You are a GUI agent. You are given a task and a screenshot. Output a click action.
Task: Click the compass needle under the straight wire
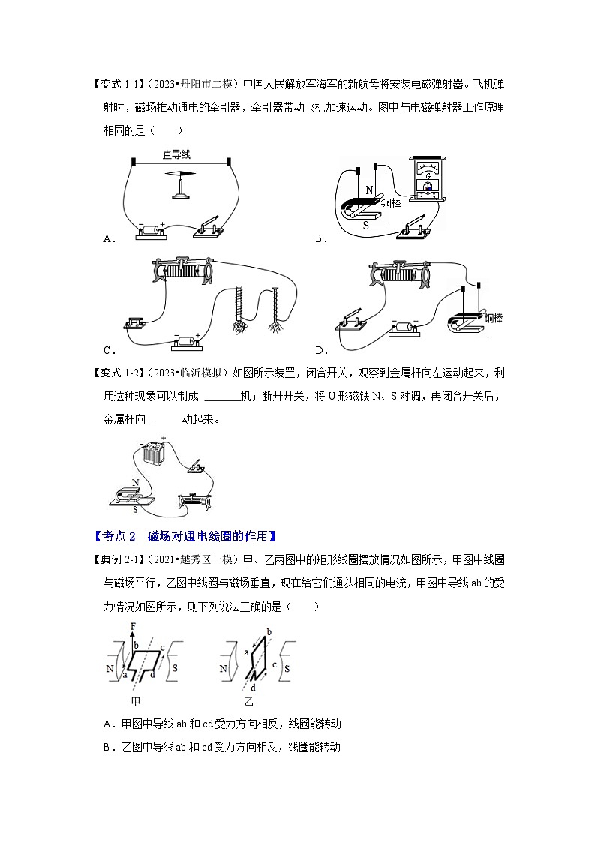[x=181, y=173]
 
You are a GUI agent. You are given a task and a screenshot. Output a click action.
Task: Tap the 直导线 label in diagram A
[x=178, y=155]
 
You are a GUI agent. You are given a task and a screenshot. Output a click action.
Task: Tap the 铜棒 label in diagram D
[x=493, y=318]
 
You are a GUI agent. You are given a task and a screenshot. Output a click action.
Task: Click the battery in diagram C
[x=185, y=341]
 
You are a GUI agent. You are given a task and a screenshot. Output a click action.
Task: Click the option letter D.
[x=320, y=349]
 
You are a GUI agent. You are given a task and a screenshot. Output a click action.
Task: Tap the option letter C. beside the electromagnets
[x=108, y=349]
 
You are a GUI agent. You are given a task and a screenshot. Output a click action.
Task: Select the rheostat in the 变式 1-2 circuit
[x=201, y=498]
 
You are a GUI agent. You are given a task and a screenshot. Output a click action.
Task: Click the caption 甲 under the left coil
[x=136, y=701]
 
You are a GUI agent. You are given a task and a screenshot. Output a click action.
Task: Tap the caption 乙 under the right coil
[x=249, y=701]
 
